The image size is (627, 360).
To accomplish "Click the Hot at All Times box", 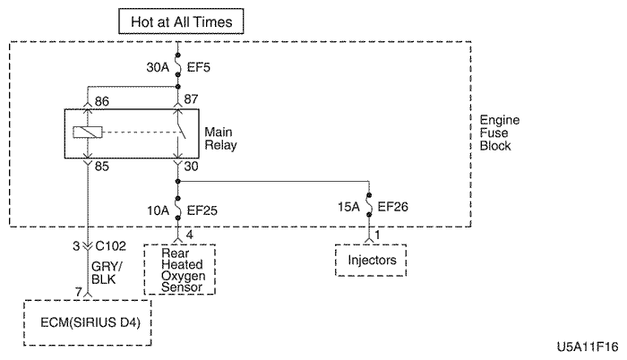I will pos(180,20).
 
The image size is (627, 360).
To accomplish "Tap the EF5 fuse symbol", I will pos(179,65).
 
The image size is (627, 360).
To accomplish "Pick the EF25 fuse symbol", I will pos(179,210).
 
